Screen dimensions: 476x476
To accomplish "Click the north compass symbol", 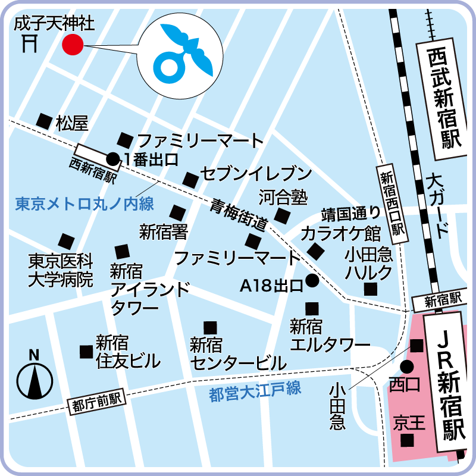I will pos(35,378).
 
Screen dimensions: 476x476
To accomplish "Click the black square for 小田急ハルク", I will pos(371,289).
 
